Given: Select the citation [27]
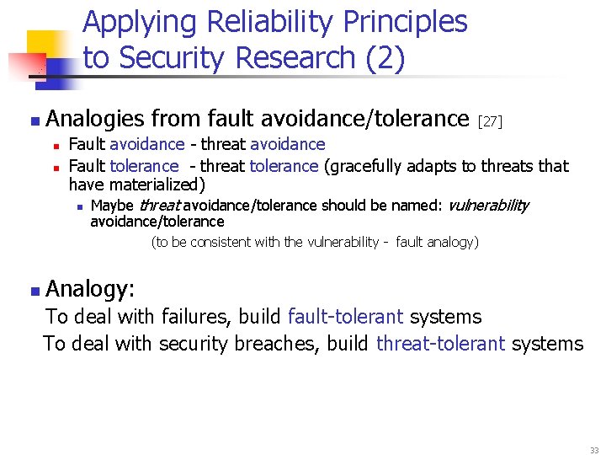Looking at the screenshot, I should click(490, 122).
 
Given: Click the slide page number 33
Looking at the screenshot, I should click(594, 450).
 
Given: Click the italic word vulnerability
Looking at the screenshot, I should click(488, 205).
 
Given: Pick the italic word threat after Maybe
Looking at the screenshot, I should click(159, 205).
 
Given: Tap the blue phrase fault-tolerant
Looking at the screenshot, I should click(345, 317).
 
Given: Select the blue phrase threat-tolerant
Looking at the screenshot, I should click(440, 343).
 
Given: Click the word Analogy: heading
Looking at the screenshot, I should click(90, 289).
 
